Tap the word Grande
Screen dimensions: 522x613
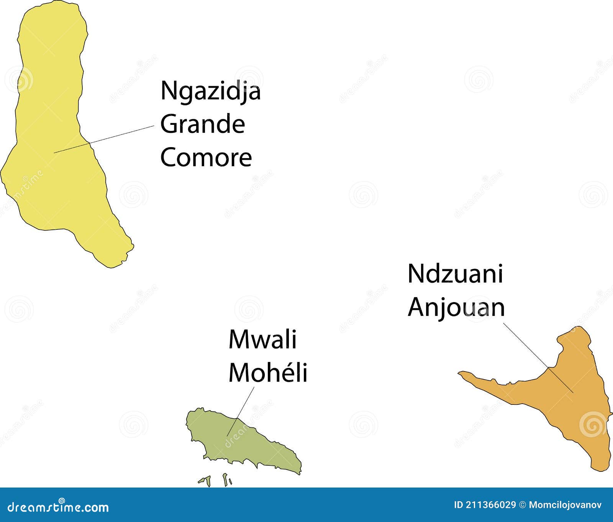[x=202, y=124]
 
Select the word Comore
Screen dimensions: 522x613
[x=206, y=157]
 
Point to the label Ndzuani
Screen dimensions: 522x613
[x=455, y=274]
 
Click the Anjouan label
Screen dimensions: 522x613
[x=456, y=308]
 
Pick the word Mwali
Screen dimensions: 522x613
[x=262, y=339]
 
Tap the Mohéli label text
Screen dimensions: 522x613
[x=268, y=372]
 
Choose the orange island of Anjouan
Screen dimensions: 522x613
[x=575, y=402]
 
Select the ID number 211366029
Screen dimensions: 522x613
[x=491, y=505]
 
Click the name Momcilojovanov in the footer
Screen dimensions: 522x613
[x=565, y=505]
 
